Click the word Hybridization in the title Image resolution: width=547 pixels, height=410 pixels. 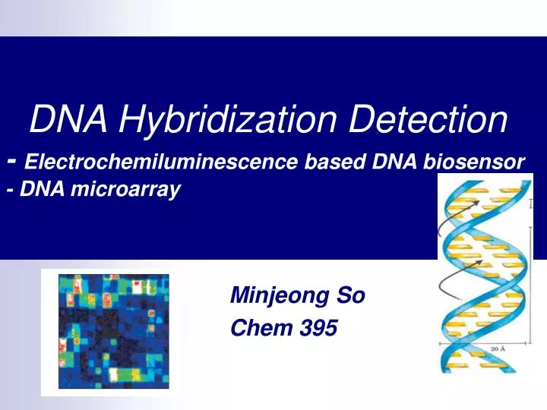(227, 120)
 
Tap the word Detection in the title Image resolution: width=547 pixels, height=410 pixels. (428, 119)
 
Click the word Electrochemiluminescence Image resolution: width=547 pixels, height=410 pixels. (161, 162)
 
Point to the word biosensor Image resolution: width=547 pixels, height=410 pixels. (474, 162)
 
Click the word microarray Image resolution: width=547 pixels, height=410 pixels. (125, 190)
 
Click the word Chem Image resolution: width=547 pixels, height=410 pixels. (261, 328)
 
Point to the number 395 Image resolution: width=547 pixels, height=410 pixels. (318, 328)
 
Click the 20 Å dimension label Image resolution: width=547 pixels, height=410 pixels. (498, 348)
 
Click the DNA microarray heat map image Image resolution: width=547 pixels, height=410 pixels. (114, 331)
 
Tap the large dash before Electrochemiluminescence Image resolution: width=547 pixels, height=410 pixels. (12, 161)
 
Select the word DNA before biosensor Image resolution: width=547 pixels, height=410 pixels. (394, 162)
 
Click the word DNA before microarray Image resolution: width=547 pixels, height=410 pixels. (42, 188)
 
